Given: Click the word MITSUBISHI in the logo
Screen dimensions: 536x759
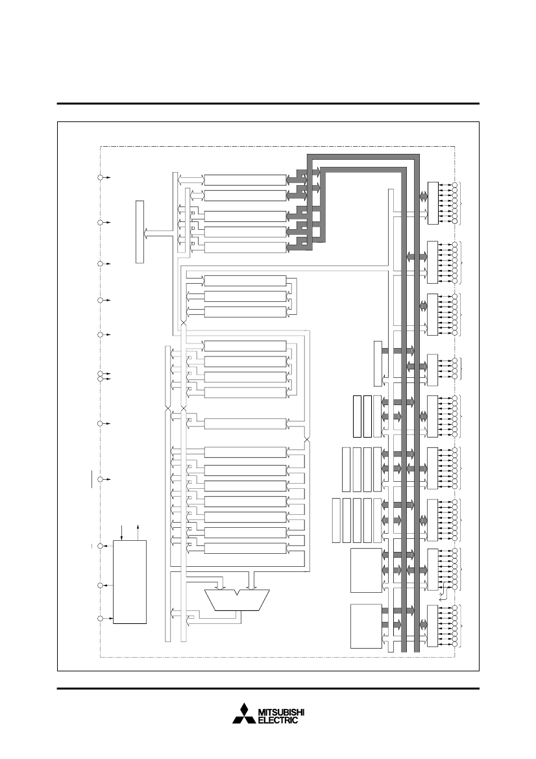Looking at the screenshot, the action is point(281,712).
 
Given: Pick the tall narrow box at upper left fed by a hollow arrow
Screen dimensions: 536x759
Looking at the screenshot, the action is point(140,231).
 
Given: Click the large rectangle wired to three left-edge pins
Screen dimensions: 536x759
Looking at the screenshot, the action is point(130,582).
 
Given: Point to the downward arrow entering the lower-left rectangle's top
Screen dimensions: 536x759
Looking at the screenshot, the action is point(121,532).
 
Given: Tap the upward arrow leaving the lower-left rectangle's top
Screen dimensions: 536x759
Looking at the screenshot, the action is point(139,532).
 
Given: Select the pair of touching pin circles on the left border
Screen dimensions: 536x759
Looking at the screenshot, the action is point(100,376).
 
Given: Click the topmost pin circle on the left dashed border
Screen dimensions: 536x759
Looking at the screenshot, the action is point(100,178).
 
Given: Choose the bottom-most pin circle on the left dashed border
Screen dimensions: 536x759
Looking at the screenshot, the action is point(100,619).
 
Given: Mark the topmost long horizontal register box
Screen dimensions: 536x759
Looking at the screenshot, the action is point(245,180).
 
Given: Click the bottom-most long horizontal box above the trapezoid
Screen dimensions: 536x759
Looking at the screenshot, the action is point(245,548).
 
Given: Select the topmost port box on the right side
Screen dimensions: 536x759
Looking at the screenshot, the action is point(433,203).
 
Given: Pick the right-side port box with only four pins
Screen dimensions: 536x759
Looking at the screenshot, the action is point(432,370).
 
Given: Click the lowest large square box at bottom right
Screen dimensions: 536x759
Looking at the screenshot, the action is point(366,626).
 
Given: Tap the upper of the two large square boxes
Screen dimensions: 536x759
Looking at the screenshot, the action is point(366,570).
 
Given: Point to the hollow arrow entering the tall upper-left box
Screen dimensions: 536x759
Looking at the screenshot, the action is point(159,236).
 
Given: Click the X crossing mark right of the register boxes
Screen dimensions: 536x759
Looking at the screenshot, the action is point(307,439).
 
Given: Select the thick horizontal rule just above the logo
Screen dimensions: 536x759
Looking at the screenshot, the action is point(268,688).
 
